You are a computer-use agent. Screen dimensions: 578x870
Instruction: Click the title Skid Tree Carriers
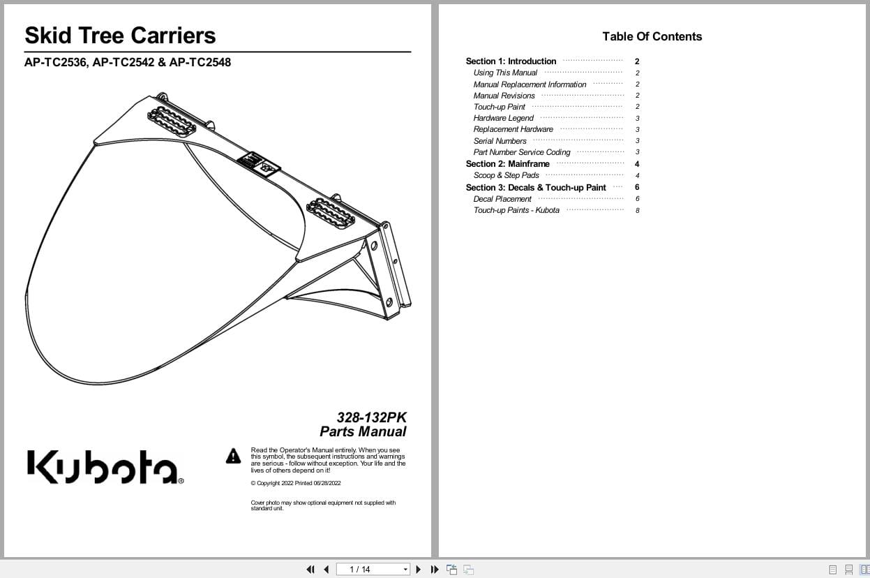[120, 36]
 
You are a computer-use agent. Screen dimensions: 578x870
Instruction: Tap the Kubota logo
[105, 467]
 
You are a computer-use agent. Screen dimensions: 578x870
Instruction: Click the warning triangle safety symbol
[233, 457]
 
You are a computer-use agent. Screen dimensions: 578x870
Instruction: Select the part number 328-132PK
[371, 417]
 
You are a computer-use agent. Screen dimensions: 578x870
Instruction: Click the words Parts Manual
[363, 432]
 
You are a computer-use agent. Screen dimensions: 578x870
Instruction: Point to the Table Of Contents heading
[652, 37]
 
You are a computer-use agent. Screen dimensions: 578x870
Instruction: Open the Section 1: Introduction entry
[511, 61]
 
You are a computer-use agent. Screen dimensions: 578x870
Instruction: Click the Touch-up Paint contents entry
[499, 107]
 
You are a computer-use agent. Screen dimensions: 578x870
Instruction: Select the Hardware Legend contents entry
[503, 118]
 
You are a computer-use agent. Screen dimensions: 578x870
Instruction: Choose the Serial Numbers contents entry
[500, 141]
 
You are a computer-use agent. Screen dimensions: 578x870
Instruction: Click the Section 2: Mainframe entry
[507, 164]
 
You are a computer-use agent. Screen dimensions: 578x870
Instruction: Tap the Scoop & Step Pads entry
[506, 175]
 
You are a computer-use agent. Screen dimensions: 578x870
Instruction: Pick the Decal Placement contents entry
[502, 199]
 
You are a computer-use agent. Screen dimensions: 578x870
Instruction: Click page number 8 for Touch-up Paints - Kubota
[637, 210]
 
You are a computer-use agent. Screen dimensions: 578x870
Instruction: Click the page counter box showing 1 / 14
[372, 570]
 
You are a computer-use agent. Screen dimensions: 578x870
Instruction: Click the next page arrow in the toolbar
[419, 570]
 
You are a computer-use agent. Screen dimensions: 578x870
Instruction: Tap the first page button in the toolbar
[310, 570]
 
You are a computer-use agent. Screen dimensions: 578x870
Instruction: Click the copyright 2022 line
[296, 483]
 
